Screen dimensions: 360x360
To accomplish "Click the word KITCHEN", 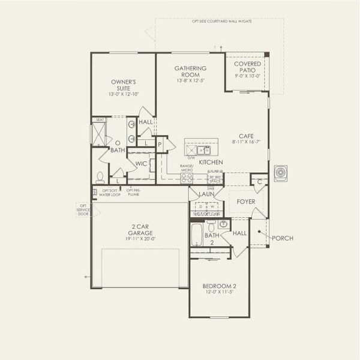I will tap(211, 163).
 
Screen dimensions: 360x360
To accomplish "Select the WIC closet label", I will tap(141, 163).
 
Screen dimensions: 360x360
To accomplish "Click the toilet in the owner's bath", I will tap(100, 177).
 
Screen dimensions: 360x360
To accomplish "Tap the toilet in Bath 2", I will tap(223, 224).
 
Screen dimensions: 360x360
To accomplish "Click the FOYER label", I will tap(246, 202).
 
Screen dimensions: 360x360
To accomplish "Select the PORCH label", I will tap(282, 238).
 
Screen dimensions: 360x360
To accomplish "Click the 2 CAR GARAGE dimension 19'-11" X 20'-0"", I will tap(136, 238).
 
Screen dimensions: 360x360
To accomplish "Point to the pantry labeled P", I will tap(160, 145).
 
